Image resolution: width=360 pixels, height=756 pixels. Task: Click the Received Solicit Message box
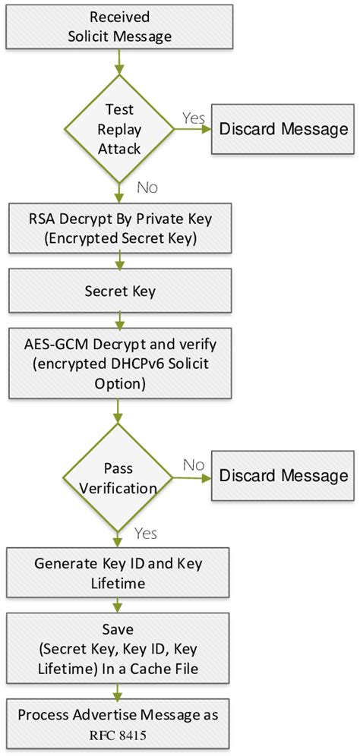[x=120, y=27]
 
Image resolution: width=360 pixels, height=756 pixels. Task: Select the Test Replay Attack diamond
[x=119, y=128]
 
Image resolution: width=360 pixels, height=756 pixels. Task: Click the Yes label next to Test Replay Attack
[x=193, y=117]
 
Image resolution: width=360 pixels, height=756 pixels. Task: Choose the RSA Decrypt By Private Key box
[x=120, y=226]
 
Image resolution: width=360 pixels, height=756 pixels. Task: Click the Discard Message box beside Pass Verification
[x=283, y=475]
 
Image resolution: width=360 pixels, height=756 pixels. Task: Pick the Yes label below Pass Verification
[x=145, y=534]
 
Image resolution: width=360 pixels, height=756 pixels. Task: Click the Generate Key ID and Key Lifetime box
[x=120, y=573]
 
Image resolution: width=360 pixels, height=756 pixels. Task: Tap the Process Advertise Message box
[x=120, y=722]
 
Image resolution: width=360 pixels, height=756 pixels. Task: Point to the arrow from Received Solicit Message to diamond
[x=119, y=61]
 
